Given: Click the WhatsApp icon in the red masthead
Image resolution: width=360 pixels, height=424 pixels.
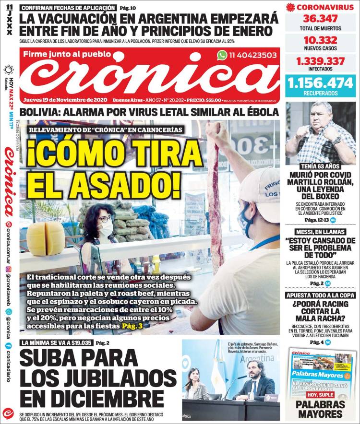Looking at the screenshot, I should [222, 55].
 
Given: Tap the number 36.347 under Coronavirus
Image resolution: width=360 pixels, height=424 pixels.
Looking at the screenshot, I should [321, 19].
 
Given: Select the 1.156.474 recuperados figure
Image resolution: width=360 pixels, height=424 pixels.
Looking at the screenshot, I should [321, 82].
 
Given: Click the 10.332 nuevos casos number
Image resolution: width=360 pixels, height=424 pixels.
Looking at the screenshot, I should [321, 40].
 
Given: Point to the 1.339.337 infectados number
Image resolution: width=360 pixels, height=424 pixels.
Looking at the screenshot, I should [321, 61].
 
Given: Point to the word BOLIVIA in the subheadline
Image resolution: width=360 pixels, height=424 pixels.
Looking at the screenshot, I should [41, 112].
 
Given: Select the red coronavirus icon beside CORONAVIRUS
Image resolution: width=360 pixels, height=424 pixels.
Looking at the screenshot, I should [290, 7].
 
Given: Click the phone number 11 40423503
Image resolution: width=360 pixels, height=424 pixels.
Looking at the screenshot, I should [253, 55].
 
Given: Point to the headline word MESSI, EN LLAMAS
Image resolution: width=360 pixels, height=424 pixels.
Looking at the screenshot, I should [320, 231].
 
